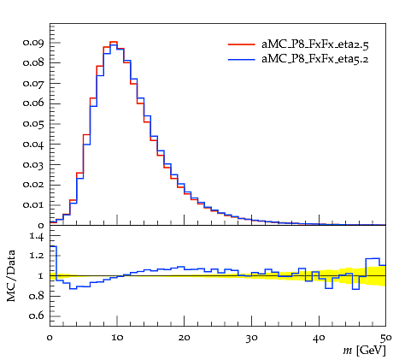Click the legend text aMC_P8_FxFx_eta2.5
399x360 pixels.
coord(315,44)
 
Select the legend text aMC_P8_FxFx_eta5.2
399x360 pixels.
coord(315,59)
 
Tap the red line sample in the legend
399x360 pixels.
coord(241,44)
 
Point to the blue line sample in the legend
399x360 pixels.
coord(241,59)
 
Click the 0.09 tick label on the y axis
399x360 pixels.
coord(33,43)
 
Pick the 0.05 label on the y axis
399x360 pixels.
coord(33,124)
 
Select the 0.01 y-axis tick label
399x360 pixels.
coord(33,205)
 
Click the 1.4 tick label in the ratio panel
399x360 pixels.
coord(37,236)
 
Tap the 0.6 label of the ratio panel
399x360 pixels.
coord(36,316)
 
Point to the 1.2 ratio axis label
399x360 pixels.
coord(37,256)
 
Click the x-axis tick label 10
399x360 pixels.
coord(117,338)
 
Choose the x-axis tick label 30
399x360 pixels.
coord(251,338)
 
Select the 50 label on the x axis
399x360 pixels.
coord(386,338)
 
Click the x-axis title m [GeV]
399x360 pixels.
coord(364,351)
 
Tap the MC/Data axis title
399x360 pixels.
coord(11,275)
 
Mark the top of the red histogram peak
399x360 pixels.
coord(114,42)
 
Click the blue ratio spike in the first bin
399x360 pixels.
coord(53,246)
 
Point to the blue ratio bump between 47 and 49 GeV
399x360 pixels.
coord(373,258)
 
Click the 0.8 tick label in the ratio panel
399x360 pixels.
coord(36,296)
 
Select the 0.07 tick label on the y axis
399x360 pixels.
coord(33,84)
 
